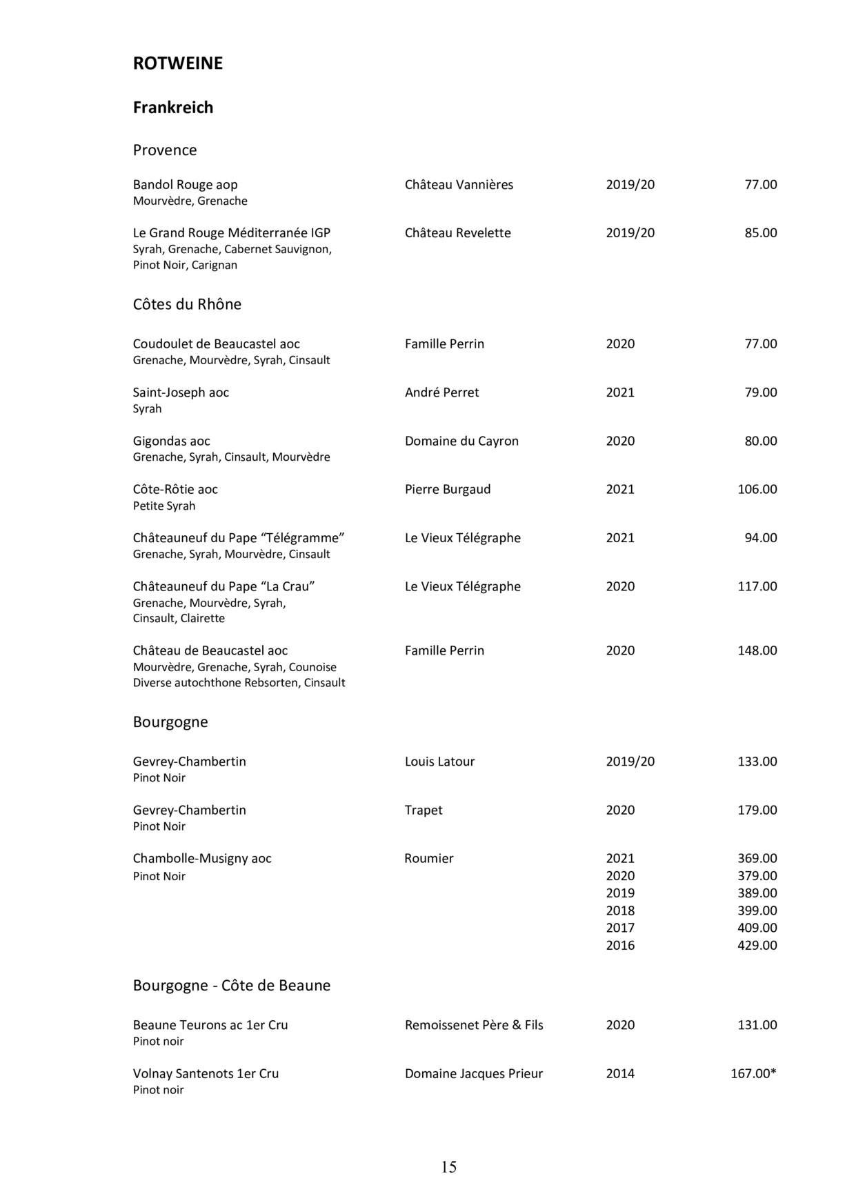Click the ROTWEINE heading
[177, 63]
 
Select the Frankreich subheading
[172, 108]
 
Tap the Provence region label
[164, 150]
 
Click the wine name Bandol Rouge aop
[185, 185]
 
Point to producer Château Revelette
[457, 233]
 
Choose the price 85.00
[760, 233]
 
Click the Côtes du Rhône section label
[187, 305]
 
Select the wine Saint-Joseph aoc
[181, 392]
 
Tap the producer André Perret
[441, 392]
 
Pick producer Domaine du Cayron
[461, 441]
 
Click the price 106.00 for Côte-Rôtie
[757, 490]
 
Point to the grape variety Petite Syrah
[164, 506]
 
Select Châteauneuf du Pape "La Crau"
[223, 587]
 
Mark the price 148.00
[757, 651]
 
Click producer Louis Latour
[439, 762]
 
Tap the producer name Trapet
[424, 810]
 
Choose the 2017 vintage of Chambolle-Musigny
[620, 928]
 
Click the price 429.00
[757, 946]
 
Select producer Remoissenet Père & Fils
[474, 1026]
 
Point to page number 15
[448, 1167]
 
